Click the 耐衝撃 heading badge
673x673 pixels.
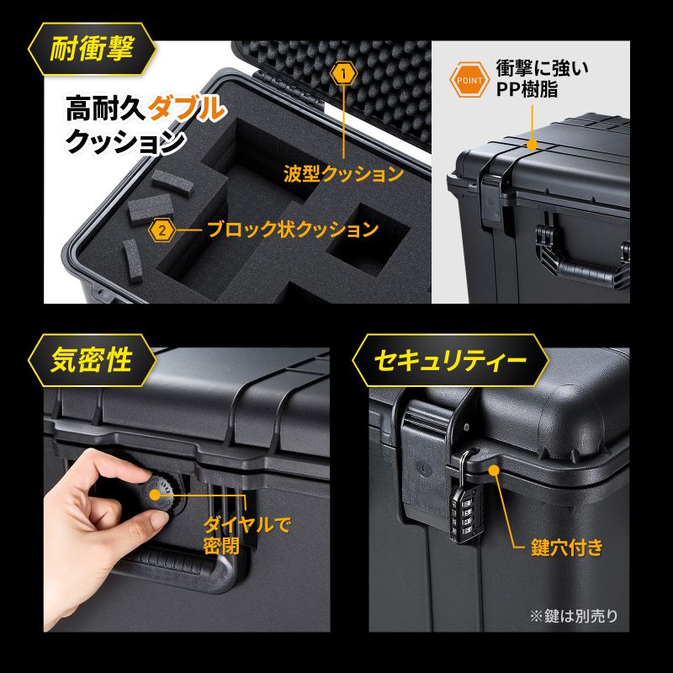coord(92,49)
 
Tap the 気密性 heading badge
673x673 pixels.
coord(92,360)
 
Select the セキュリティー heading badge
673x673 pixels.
coord(450,360)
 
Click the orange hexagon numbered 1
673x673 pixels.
coord(344,74)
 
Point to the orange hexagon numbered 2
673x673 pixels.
coord(162,231)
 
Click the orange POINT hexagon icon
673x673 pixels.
coord(469,80)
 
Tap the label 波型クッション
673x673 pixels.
coord(343,173)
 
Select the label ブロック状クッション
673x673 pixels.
coord(293,229)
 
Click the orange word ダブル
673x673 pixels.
coord(186,109)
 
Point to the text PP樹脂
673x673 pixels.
coord(527,90)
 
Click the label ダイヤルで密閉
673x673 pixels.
coord(246,535)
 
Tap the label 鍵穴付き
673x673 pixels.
coord(566,548)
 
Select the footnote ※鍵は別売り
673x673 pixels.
coord(574,616)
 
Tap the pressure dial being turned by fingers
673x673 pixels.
coord(161,495)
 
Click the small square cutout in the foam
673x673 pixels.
coord(368,241)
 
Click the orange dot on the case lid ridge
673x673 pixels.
coord(532,145)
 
